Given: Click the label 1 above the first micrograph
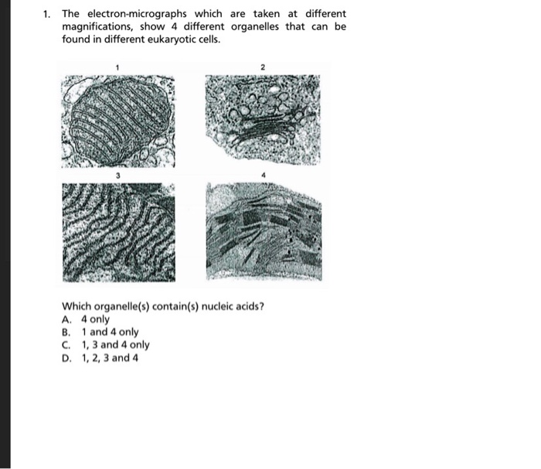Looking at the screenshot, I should [x=117, y=68].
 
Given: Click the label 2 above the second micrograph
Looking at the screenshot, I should [x=262, y=68].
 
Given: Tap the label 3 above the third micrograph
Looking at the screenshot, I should [x=117, y=176].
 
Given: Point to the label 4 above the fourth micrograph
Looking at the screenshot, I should [x=263, y=176].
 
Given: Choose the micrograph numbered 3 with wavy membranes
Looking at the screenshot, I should [x=118, y=231].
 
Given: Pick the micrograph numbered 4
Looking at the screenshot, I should [x=262, y=231].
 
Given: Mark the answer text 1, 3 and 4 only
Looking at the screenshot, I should [x=116, y=345].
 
